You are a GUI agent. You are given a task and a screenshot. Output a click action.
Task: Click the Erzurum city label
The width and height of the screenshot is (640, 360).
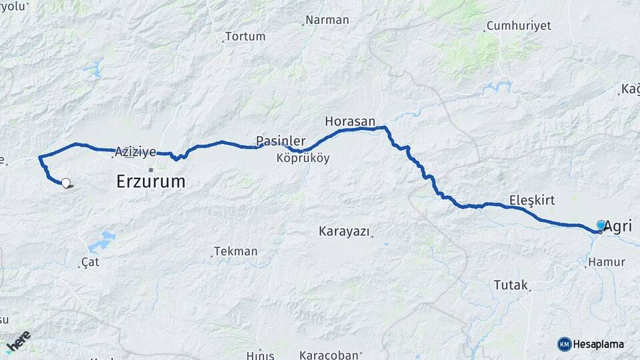[x=151, y=181]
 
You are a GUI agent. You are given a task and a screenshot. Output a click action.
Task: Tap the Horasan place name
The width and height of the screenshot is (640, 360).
[x=346, y=121]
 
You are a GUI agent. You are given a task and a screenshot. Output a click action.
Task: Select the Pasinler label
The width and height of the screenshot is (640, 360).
[x=281, y=141]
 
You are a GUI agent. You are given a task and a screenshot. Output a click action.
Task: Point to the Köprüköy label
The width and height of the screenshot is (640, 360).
[x=303, y=159]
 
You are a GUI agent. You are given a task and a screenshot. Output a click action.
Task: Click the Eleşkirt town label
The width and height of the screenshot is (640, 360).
[x=531, y=200]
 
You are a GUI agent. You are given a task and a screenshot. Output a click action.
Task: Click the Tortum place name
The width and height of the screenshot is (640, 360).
[x=245, y=37]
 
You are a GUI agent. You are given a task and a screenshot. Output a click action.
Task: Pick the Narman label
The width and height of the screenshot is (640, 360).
[x=327, y=20]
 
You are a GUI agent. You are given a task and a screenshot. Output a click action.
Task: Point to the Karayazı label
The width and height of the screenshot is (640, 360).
[x=343, y=231]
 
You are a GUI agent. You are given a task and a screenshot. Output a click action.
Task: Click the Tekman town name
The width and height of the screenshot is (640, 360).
[x=235, y=251]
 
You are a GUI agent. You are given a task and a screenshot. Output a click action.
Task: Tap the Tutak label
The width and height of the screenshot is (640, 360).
[x=510, y=285]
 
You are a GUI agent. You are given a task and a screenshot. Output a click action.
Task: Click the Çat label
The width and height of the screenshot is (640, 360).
[x=90, y=262]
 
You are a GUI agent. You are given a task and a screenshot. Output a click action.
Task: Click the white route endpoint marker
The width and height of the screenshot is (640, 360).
[x=66, y=183]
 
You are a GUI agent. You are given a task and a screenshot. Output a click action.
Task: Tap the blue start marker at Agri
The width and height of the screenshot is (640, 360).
[x=601, y=226]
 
